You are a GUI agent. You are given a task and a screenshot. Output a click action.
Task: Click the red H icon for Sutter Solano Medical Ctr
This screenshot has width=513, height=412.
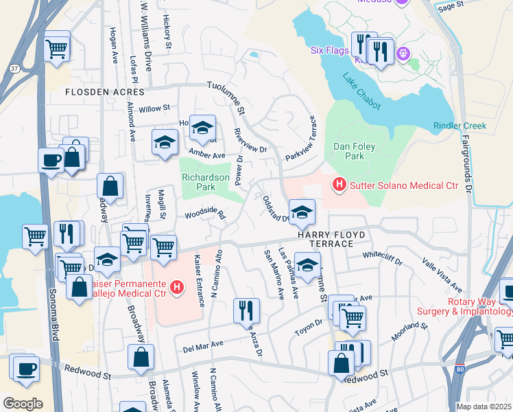[x=337, y=184]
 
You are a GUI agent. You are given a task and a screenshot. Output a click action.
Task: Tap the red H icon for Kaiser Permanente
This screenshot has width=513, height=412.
[x=177, y=286]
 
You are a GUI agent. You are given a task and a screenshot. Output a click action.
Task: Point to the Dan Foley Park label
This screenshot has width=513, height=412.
[x=357, y=151]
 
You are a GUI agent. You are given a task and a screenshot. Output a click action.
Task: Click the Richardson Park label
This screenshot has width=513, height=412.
[x=205, y=182]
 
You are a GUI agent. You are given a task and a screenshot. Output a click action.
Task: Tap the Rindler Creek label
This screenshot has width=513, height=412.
[x=460, y=126]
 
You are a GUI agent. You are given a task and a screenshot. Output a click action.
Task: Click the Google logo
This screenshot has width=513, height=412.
[x=23, y=403]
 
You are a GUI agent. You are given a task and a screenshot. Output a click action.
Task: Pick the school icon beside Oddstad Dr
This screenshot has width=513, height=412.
[x=301, y=212]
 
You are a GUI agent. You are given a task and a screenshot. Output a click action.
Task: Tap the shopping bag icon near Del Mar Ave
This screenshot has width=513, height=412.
[x=141, y=356]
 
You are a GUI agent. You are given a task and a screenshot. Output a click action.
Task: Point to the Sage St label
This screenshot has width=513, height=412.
[x=451, y=5]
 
